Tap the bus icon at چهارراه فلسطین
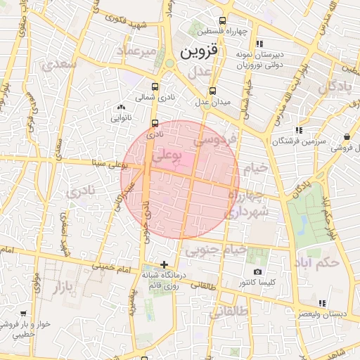223,21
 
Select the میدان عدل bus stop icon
213,91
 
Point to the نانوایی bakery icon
118,107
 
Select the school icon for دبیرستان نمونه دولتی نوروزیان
259,44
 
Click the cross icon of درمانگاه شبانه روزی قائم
165,265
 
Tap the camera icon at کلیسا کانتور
257,271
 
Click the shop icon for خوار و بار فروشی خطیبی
23,313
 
